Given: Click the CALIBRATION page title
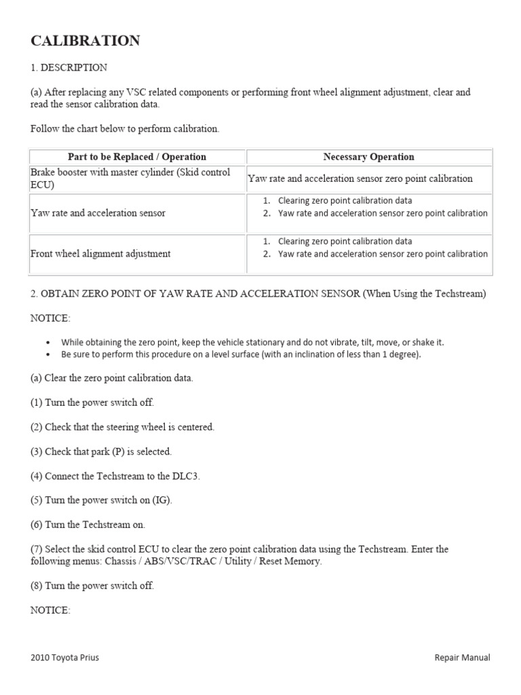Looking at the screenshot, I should [x=85, y=41].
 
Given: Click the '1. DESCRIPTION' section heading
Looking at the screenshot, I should [x=69, y=67].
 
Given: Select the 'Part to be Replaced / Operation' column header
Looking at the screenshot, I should [x=137, y=157].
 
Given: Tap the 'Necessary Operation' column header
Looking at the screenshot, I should [x=368, y=157].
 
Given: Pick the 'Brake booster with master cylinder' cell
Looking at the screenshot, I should [x=130, y=179].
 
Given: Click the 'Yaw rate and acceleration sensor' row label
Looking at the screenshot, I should [x=98, y=213].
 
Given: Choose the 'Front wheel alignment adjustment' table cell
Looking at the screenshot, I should [x=100, y=254].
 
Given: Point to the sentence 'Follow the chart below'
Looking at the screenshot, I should [x=125, y=128].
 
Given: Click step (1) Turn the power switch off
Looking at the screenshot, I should [x=92, y=402].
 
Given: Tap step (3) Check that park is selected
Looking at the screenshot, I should [x=101, y=451].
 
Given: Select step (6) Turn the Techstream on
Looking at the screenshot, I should [x=88, y=525].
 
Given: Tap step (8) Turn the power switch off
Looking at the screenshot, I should [x=92, y=586].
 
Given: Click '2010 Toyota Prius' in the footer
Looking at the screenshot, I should [x=64, y=658].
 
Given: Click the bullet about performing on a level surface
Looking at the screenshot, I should [x=241, y=354].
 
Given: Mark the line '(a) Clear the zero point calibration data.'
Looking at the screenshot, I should [x=112, y=378].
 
